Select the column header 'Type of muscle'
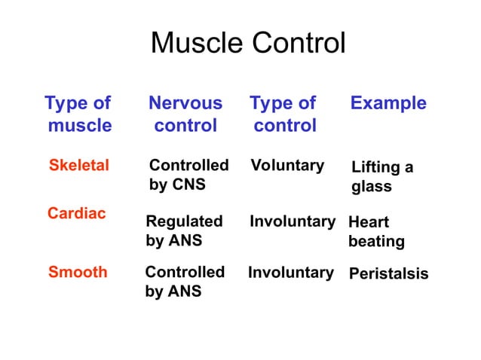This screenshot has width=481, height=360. (x=78, y=114)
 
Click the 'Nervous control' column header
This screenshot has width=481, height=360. (x=185, y=114)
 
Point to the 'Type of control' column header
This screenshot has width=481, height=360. (x=283, y=114)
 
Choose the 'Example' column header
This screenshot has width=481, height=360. (x=388, y=103)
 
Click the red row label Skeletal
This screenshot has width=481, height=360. (x=78, y=166)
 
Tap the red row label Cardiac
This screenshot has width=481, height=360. (x=76, y=213)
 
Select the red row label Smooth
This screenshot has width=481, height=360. (x=78, y=273)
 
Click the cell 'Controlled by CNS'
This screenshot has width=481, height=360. (x=188, y=174)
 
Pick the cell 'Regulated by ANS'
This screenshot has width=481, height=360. (x=184, y=231)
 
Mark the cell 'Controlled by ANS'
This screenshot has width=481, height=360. (x=185, y=281)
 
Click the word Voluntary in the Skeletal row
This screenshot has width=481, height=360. (x=287, y=165)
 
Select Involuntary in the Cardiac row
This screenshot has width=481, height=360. (x=292, y=221)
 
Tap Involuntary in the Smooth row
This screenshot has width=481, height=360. (x=291, y=273)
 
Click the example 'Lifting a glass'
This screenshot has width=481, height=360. (x=382, y=176)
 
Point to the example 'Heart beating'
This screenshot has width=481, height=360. (x=376, y=232)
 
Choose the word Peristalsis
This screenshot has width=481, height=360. (x=388, y=273)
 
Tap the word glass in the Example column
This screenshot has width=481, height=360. (x=372, y=186)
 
